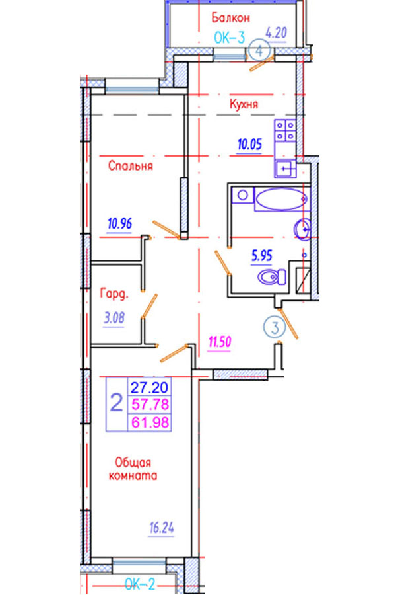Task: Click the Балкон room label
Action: tap(229, 18)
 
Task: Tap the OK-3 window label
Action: tap(230, 38)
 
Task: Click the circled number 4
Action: tap(261, 50)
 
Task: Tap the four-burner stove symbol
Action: tap(285, 130)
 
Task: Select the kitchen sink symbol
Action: tap(284, 169)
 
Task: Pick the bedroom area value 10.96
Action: tap(119, 223)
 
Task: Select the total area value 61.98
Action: tap(149, 421)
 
